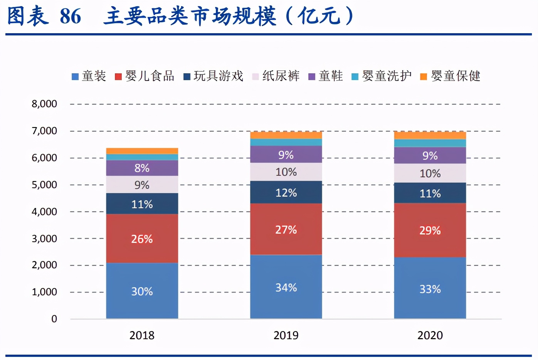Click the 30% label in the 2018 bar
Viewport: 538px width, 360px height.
tap(142, 291)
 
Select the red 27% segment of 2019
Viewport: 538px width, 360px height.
tap(286, 230)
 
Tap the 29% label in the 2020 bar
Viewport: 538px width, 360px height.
tap(430, 230)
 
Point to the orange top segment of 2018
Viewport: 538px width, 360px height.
tap(142, 151)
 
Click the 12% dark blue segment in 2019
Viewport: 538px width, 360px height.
tap(286, 193)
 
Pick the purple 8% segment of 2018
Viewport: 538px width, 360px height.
tap(142, 168)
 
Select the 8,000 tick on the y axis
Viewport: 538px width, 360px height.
tap(44, 104)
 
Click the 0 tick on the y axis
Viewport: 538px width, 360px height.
tap(54, 319)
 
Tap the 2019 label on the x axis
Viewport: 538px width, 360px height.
tap(286, 335)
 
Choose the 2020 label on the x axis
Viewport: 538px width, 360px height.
tap(430, 335)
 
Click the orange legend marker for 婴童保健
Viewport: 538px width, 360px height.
tap(424, 77)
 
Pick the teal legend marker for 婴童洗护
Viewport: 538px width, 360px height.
tap(355, 77)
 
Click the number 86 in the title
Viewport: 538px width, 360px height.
tap(71, 16)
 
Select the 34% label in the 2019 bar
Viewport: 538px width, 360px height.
tap(286, 288)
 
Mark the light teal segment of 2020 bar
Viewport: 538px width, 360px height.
tap(430, 143)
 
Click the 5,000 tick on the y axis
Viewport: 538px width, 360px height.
tap(44, 185)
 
